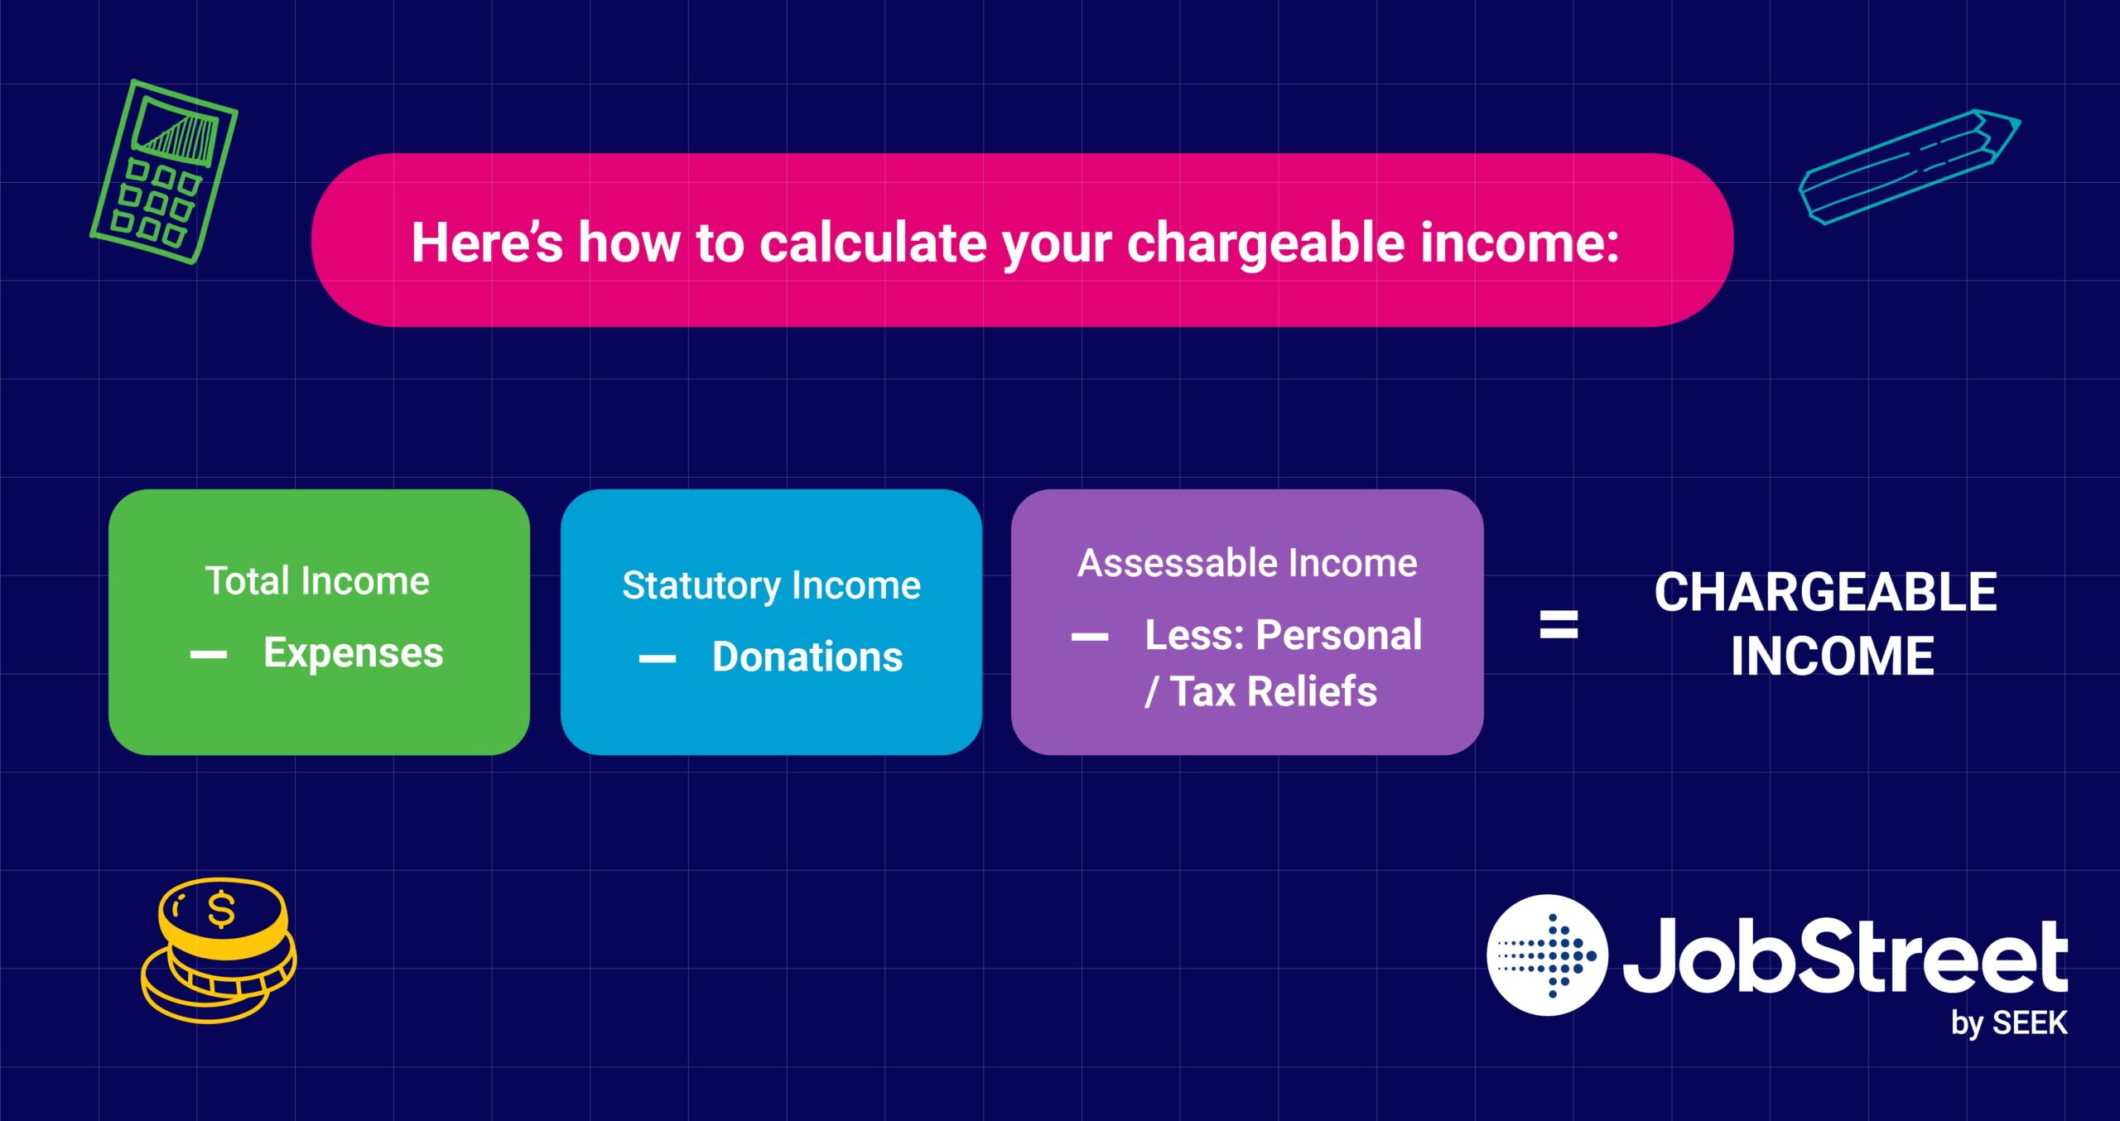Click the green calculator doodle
click(x=164, y=172)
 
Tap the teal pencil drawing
click(x=1910, y=166)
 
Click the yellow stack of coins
click(x=219, y=950)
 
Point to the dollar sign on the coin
click(x=221, y=910)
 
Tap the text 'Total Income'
click(x=317, y=580)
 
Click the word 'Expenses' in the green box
click(x=354, y=653)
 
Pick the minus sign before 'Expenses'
click(x=209, y=655)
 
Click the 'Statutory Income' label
click(x=772, y=585)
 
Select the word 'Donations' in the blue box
click(x=807, y=657)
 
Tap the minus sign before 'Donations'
click(x=658, y=659)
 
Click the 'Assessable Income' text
click(x=1247, y=563)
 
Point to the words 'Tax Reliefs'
click(x=1274, y=691)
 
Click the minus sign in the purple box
click(x=1090, y=637)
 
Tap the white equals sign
click(x=1559, y=624)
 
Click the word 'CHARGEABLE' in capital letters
click(x=1826, y=592)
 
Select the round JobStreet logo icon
click(x=1547, y=955)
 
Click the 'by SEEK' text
click(x=2009, y=1023)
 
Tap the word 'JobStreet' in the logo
click(x=1845, y=956)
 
